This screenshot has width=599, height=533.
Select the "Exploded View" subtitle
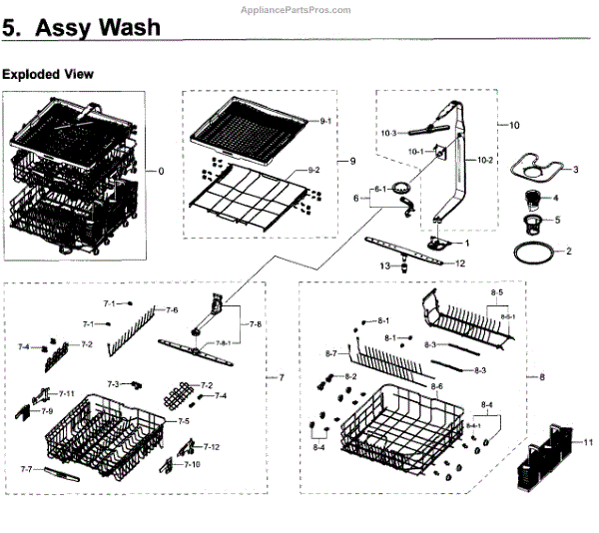click(x=48, y=75)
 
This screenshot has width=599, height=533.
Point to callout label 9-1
click(x=325, y=121)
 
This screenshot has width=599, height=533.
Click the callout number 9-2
click(x=312, y=171)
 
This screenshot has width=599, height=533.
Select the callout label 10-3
click(x=387, y=133)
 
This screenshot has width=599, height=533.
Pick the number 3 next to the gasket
click(x=576, y=169)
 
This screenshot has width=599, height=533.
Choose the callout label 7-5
click(x=184, y=422)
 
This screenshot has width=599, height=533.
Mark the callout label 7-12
click(x=211, y=446)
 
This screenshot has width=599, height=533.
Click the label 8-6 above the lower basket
click(x=436, y=385)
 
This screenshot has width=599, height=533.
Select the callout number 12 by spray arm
click(x=460, y=264)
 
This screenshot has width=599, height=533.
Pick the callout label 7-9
click(x=47, y=411)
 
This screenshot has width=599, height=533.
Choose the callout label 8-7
click(x=333, y=354)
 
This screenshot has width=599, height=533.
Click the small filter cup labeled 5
click(x=539, y=217)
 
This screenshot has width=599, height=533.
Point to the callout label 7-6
click(x=172, y=310)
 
